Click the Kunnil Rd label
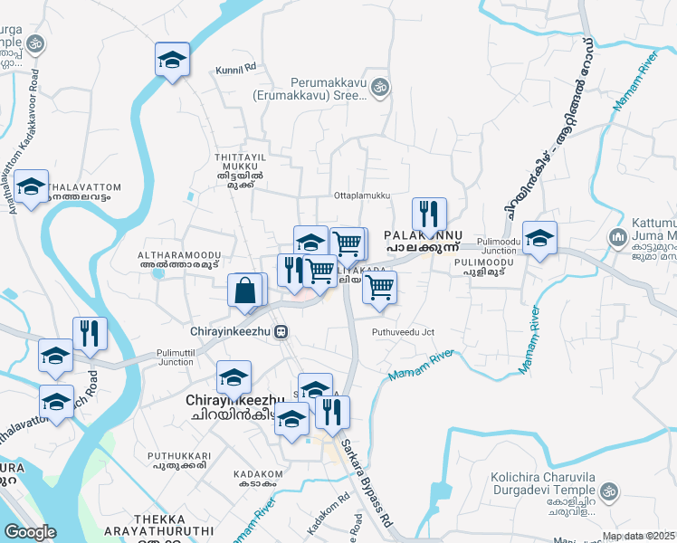pyautogui.click(x=236, y=68)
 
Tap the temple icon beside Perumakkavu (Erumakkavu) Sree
pyautogui.click(x=381, y=87)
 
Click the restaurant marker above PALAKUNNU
pyautogui.click(x=428, y=214)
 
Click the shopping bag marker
pyautogui.click(x=246, y=291)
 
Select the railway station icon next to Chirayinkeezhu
pyautogui.click(x=282, y=331)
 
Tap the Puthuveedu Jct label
pyautogui.click(x=403, y=332)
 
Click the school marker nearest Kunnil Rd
pyautogui.click(x=171, y=61)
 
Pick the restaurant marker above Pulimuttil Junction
pyautogui.click(x=89, y=333)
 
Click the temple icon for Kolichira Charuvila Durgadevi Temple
pyautogui.click(x=608, y=491)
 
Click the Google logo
pyautogui.click(x=30, y=532)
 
